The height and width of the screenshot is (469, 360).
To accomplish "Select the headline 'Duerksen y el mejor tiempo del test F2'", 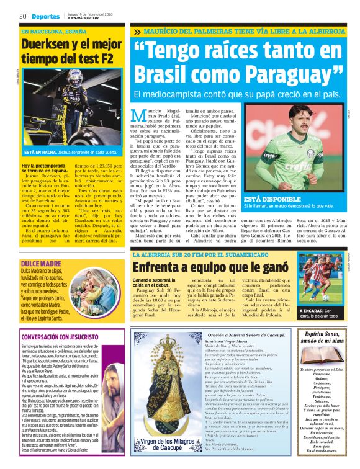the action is (70, 51).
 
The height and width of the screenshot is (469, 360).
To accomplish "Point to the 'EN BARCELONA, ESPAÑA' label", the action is (54, 31).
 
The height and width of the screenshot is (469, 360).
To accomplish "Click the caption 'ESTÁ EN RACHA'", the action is (38, 151).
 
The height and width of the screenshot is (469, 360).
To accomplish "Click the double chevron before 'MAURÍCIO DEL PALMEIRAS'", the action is (137, 31).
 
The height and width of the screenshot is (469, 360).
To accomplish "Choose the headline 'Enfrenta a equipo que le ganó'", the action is (211, 267).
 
